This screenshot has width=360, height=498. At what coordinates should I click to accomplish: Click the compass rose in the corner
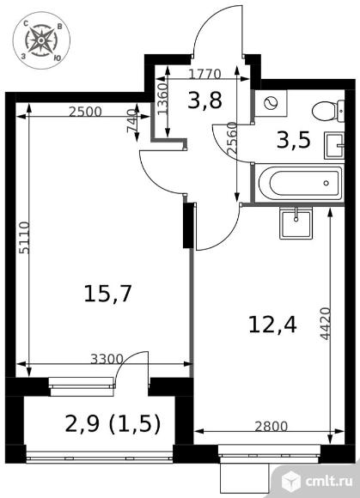click(41, 40)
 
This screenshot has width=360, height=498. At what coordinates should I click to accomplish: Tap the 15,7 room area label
click(107, 294)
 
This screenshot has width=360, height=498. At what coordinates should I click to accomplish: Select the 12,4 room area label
click(272, 325)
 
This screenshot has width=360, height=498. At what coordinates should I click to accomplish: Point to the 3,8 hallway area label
click(204, 100)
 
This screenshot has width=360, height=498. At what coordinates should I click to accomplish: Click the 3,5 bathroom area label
click(293, 140)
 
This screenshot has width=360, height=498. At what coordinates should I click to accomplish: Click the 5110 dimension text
click(24, 238)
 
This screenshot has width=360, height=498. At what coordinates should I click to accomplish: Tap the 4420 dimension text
click(325, 324)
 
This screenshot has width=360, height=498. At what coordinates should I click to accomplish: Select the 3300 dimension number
click(107, 359)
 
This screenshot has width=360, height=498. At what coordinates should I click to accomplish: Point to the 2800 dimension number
click(271, 427)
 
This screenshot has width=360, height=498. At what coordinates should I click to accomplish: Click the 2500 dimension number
click(85, 112)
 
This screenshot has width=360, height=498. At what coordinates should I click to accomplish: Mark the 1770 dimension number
click(204, 75)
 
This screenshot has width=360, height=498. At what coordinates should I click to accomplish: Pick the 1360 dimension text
click(162, 99)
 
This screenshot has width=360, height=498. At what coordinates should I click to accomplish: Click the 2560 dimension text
click(232, 139)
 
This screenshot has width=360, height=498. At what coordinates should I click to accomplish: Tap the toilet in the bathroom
click(328, 111)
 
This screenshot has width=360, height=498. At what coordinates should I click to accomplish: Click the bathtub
click(301, 183)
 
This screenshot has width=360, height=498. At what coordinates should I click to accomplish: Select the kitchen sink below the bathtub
click(296, 223)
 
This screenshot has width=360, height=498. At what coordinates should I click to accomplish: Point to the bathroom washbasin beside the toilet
click(334, 145)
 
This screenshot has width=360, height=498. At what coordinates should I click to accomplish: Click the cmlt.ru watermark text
click(329, 481)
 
